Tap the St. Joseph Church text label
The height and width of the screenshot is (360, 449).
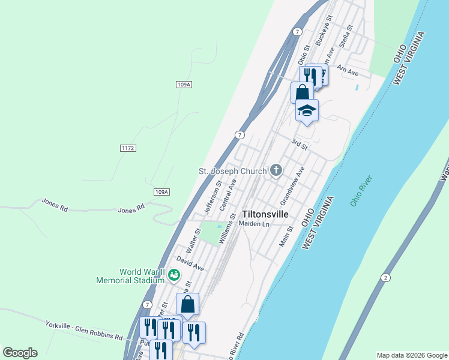click(x=232, y=171)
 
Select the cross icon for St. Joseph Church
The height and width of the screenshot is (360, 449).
click(x=276, y=171)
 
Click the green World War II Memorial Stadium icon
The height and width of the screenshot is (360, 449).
click(x=174, y=275)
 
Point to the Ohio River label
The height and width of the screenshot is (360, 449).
click(x=361, y=190)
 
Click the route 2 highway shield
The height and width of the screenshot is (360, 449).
click(x=384, y=277)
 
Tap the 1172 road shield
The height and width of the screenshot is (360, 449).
click(x=127, y=148)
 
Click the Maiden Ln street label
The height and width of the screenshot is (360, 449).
click(x=255, y=224)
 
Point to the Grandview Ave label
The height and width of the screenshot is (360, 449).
click(x=293, y=184)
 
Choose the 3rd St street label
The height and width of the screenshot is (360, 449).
click(x=299, y=145)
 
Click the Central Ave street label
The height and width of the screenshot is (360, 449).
click(x=228, y=194)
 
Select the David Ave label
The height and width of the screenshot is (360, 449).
click(x=190, y=263)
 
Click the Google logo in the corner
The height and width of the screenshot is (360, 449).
click(x=20, y=353)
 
